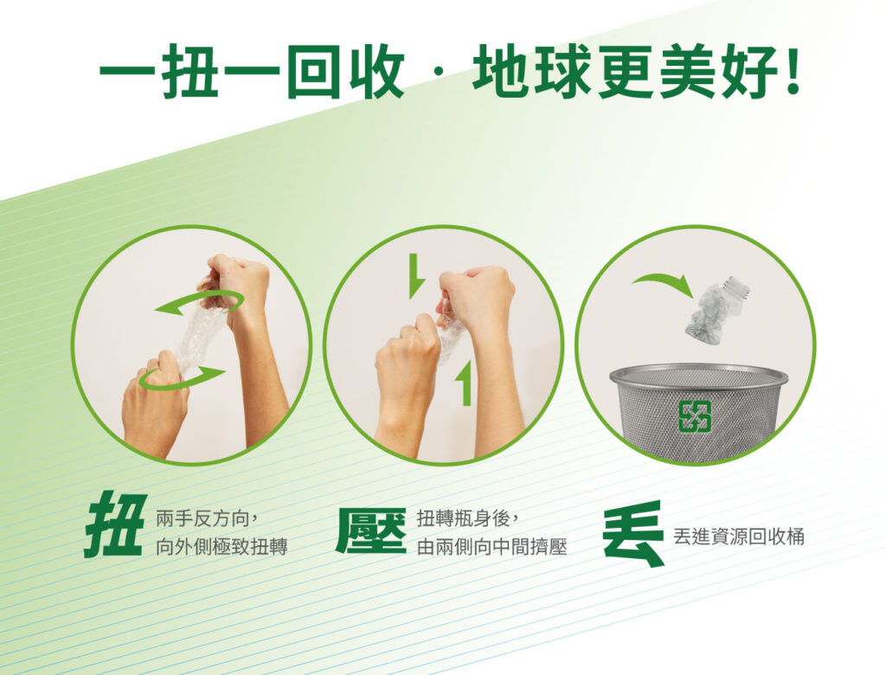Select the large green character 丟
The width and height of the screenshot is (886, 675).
(632, 533)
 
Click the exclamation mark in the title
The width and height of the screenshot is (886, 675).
(793, 73)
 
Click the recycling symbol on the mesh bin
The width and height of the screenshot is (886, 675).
(695, 415)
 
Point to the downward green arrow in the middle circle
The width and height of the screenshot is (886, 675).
(416, 276)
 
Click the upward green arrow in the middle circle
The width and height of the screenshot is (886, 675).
(464, 384)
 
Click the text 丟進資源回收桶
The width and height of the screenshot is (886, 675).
(738, 536)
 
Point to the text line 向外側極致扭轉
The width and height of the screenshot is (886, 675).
(221, 546)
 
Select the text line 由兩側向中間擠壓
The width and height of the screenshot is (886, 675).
(491, 546)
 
